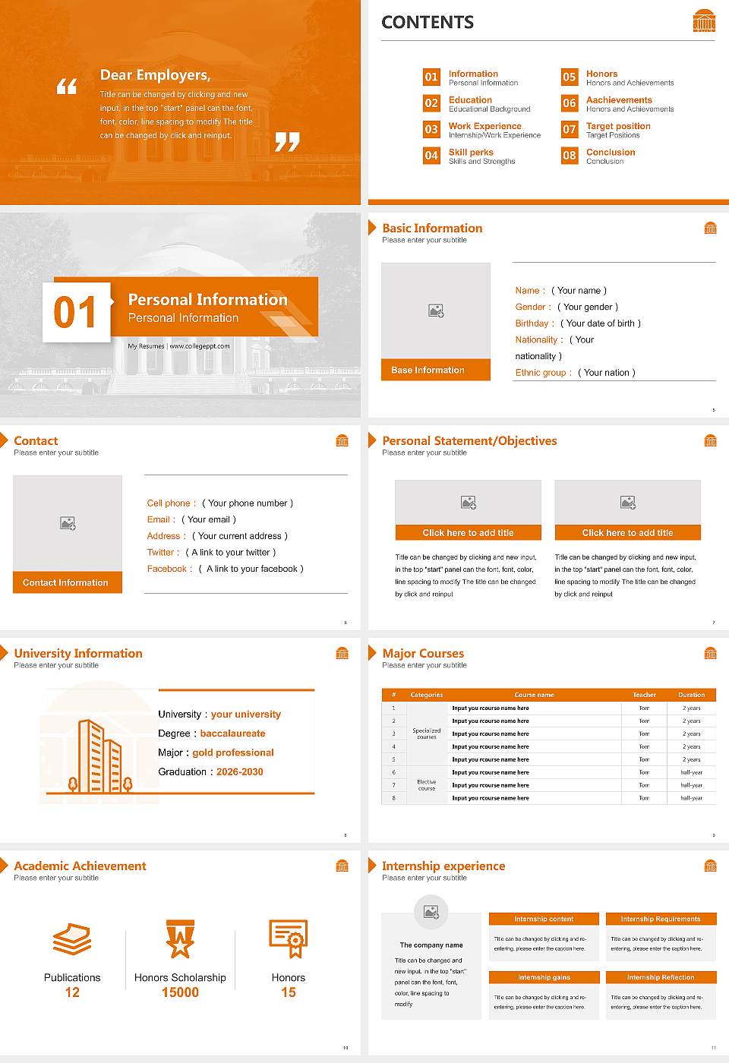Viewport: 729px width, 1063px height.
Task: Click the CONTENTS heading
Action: [x=428, y=23]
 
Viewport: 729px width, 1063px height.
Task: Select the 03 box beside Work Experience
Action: [x=431, y=129]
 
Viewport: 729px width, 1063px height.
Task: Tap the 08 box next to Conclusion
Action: [x=570, y=156]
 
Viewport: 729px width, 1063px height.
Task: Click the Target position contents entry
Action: [x=618, y=126]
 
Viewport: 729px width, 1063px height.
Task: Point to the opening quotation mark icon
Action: [x=67, y=87]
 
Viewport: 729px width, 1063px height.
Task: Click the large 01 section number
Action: [x=75, y=312]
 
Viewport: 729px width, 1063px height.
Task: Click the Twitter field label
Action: [x=163, y=553]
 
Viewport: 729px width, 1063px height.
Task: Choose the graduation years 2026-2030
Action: [x=240, y=771]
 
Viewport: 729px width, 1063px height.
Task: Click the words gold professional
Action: [x=233, y=752]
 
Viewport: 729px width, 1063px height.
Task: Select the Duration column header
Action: [x=691, y=695]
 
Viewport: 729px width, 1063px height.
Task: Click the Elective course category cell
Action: [x=427, y=785]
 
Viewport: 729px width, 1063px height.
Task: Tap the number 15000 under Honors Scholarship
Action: [x=180, y=992]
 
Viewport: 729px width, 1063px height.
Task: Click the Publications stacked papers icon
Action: [x=72, y=939]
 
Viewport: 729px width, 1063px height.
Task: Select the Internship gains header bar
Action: [x=544, y=977]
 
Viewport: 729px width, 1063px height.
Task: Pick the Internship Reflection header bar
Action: [x=661, y=977]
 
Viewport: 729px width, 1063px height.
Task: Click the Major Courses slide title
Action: [x=423, y=653]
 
